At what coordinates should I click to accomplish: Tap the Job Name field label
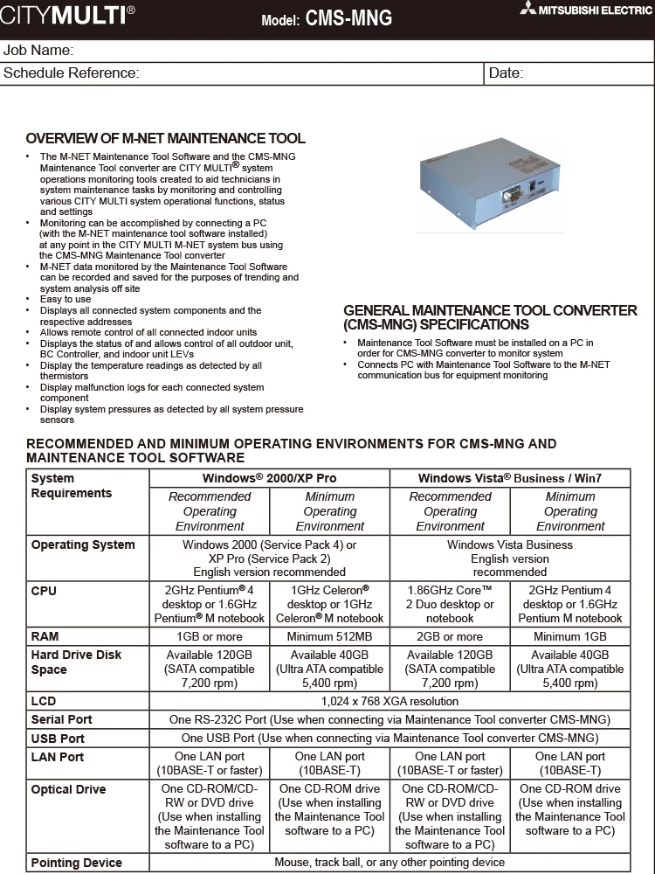click(x=38, y=50)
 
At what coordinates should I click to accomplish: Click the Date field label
click(x=506, y=73)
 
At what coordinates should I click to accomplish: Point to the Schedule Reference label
click(x=72, y=73)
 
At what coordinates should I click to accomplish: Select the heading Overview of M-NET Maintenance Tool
click(x=166, y=139)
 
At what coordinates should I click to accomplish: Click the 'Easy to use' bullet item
click(x=65, y=299)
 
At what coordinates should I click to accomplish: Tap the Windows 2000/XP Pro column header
click(x=269, y=478)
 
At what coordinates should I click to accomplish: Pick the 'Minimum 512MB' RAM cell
click(x=329, y=636)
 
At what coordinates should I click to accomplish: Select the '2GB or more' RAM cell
click(x=450, y=636)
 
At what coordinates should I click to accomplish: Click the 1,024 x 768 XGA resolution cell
click(x=390, y=701)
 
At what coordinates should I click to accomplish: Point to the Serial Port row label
click(x=62, y=719)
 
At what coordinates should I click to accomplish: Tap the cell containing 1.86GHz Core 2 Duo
click(x=450, y=604)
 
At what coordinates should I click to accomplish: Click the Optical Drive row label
click(x=68, y=789)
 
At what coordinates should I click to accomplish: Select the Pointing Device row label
click(x=76, y=863)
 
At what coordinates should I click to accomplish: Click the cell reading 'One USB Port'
click(x=390, y=738)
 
